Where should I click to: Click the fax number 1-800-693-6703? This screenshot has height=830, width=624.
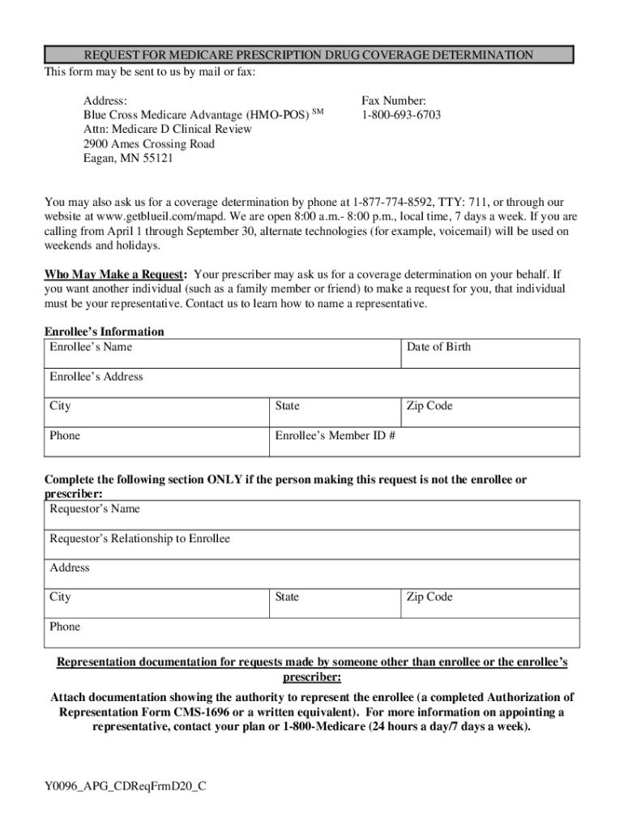(401, 115)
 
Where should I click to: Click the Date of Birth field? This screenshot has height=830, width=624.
(489, 354)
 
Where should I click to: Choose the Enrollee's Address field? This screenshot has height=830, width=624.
(311, 383)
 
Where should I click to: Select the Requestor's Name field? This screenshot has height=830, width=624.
(311, 516)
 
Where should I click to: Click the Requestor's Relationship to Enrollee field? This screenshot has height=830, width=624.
(311, 545)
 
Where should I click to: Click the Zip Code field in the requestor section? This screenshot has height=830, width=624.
(489, 604)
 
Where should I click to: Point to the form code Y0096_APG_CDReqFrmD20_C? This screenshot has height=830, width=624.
(126, 785)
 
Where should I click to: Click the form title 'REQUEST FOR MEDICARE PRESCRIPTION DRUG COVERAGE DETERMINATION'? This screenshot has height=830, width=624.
(308, 55)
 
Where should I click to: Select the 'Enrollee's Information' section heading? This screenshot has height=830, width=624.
(104, 332)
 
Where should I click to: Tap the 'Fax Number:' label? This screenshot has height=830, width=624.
(394, 101)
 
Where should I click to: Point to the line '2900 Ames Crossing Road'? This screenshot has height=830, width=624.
(149, 144)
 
